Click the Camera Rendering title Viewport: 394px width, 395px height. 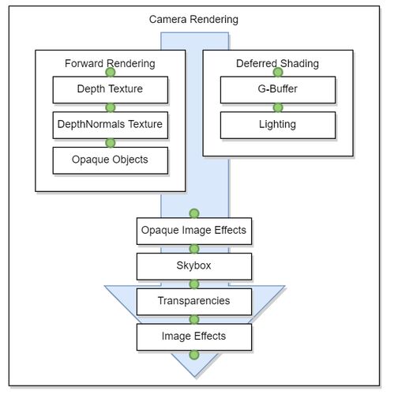tap(193, 20)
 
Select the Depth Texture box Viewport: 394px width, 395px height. tap(111, 90)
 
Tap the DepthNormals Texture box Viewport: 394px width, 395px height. tap(111, 125)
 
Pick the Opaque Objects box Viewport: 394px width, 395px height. tap(111, 160)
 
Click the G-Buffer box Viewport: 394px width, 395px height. tap(278, 90)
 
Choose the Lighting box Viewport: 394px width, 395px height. tap(278, 125)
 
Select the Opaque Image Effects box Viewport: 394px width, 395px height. tap(194, 231)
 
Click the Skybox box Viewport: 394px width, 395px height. tap(194, 266)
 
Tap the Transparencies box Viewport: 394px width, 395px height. tap(194, 302)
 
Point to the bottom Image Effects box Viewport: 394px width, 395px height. tap(194, 337)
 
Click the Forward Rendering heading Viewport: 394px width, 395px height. tap(110, 64)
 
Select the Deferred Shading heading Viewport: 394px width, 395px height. tap(277, 64)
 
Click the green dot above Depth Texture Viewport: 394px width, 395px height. tap(111, 72)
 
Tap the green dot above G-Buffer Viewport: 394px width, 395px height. tap(278, 72)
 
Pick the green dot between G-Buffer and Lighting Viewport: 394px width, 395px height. tap(278, 107)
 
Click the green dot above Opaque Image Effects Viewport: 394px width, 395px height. tap(194, 213)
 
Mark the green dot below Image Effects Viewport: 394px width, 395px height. tap(194, 355)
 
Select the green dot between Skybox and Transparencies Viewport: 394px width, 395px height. tap(194, 284)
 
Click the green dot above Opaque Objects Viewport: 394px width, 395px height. tap(111, 143)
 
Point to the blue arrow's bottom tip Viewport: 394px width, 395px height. tap(195, 378)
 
